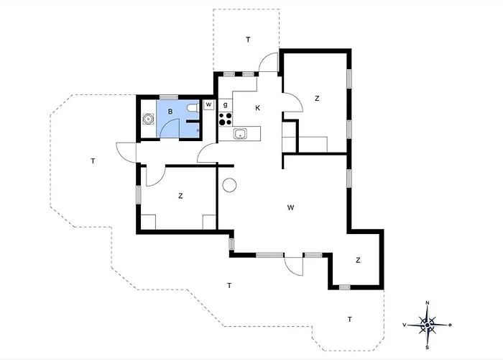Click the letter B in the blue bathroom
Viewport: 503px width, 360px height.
pyautogui.click(x=170, y=112)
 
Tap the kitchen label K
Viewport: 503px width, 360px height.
pyautogui.click(x=257, y=108)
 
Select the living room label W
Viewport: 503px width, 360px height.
pyautogui.click(x=290, y=207)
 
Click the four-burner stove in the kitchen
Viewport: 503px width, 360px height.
pyautogui.click(x=226, y=119)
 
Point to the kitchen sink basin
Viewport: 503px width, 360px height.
pyautogui.click(x=240, y=133)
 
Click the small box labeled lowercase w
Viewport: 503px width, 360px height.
pyautogui.click(x=209, y=105)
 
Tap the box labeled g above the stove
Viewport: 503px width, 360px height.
pyautogui.click(x=226, y=105)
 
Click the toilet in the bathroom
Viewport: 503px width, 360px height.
pyautogui.click(x=193, y=108)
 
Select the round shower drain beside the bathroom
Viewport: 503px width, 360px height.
pyautogui.click(x=148, y=119)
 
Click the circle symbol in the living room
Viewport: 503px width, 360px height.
pyautogui.click(x=229, y=186)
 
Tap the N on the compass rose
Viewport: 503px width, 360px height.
pyautogui.click(x=428, y=303)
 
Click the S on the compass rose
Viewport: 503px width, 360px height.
pyautogui.click(x=428, y=348)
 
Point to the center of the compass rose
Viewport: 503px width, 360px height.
pyautogui.click(x=428, y=325)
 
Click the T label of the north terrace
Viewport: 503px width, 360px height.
pyautogui.click(x=248, y=40)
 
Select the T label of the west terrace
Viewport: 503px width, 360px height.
pyautogui.click(x=93, y=161)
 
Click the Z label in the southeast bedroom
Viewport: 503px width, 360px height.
pyautogui.click(x=358, y=260)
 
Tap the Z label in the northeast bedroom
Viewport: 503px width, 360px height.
pyautogui.click(x=317, y=99)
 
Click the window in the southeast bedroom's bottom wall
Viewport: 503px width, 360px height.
pyautogui.click(x=344, y=287)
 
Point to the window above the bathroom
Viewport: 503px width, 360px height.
pyautogui.click(x=169, y=97)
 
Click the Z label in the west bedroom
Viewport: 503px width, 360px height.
pyautogui.click(x=180, y=196)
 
